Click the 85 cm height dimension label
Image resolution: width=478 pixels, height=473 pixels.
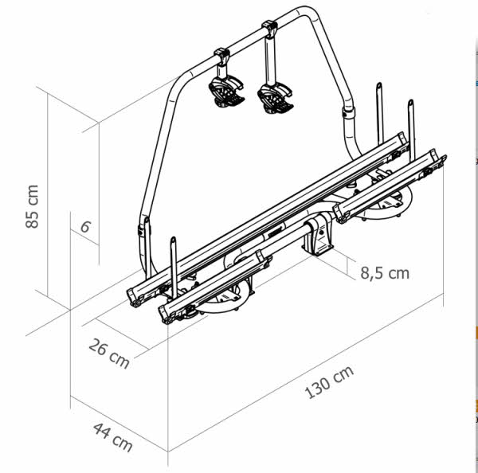pyautogui.click(x=33, y=206)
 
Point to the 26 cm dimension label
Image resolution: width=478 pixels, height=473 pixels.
pyautogui.click(x=109, y=351)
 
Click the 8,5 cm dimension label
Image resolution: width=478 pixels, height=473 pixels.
pyautogui.click(x=384, y=273)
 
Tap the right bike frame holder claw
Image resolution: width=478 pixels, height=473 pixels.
pyautogui.click(x=273, y=97)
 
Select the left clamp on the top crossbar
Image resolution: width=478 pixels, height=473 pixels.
pyautogui.click(x=221, y=57)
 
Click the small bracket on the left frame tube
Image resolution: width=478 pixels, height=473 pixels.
pyautogui.click(x=143, y=226)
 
